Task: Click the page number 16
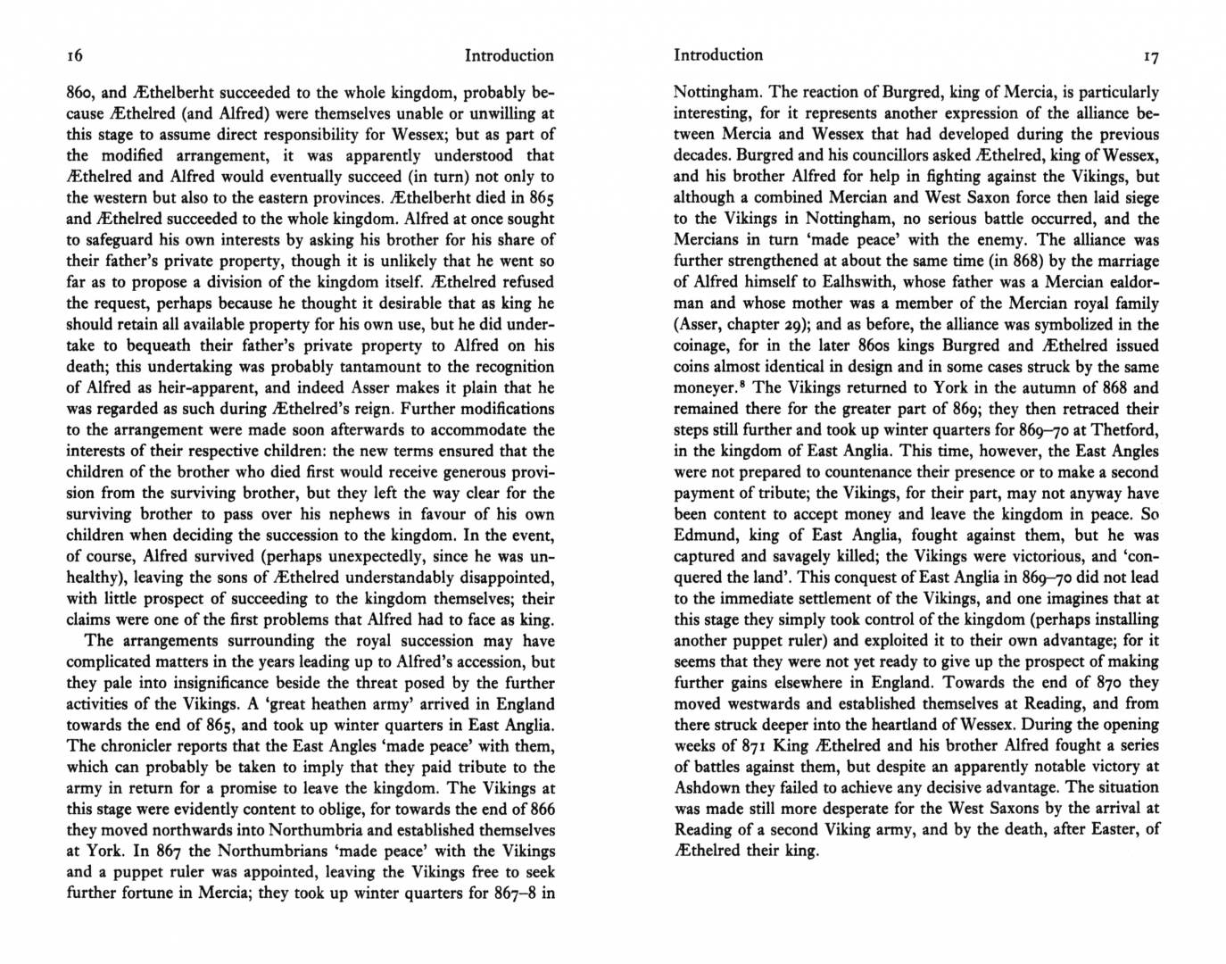pos(75,56)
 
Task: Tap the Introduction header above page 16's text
pos(509,55)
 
